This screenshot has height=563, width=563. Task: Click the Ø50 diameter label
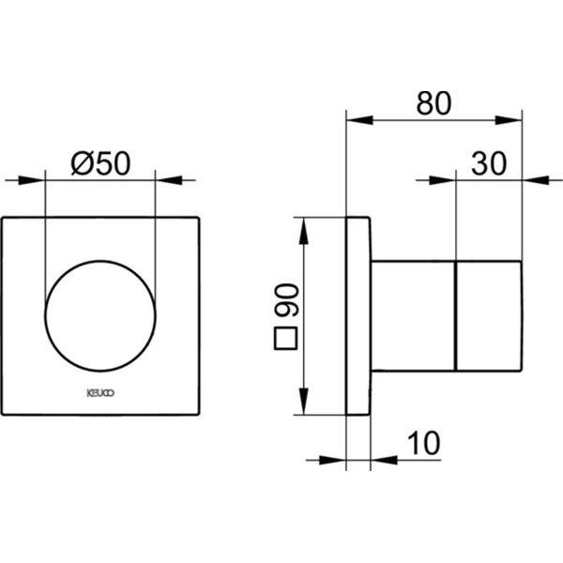click(x=101, y=163)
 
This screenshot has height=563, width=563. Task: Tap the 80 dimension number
click(x=434, y=103)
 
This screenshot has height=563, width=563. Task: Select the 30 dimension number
click(x=489, y=163)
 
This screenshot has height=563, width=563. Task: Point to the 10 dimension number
click(x=424, y=443)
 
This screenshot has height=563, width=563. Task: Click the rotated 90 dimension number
click(x=286, y=300)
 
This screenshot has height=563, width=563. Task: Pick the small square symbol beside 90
click(x=285, y=338)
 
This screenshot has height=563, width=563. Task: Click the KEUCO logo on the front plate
click(x=100, y=393)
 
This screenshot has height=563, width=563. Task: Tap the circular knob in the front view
click(x=100, y=316)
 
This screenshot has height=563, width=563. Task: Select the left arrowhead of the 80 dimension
click(x=359, y=120)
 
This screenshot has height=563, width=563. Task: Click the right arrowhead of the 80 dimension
click(x=509, y=120)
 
